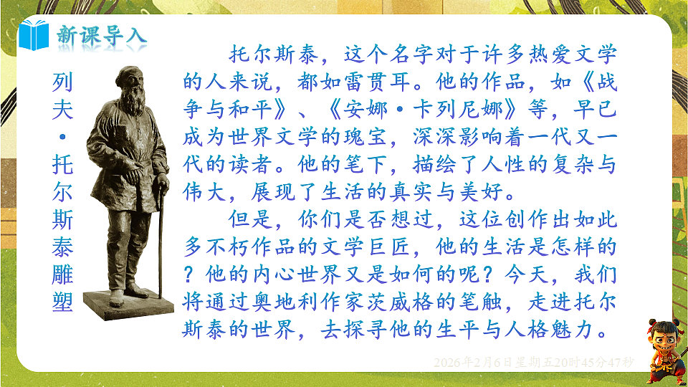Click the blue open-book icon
tap(35, 33)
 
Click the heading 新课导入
tap(101, 34)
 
